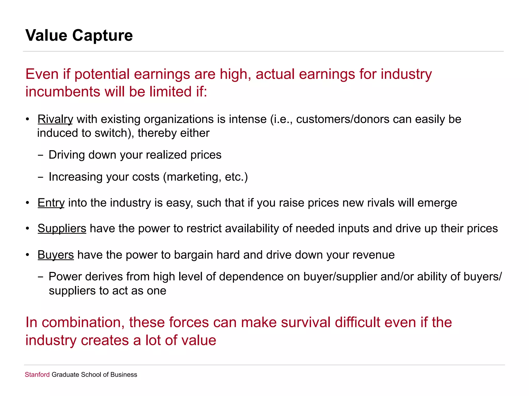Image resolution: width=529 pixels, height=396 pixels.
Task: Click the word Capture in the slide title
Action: (x=102, y=35)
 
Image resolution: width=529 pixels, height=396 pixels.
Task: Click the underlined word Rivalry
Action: (x=55, y=119)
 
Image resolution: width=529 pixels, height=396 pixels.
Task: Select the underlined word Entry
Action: (x=51, y=203)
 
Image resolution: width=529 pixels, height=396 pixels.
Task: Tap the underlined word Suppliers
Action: (x=62, y=229)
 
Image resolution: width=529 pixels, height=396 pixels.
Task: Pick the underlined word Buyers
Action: (x=56, y=255)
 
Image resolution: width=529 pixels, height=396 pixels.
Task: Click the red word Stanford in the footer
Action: (x=37, y=375)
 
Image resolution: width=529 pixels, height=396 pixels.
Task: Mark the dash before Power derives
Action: (x=40, y=277)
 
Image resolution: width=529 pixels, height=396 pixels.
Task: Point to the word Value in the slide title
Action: (x=46, y=35)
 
